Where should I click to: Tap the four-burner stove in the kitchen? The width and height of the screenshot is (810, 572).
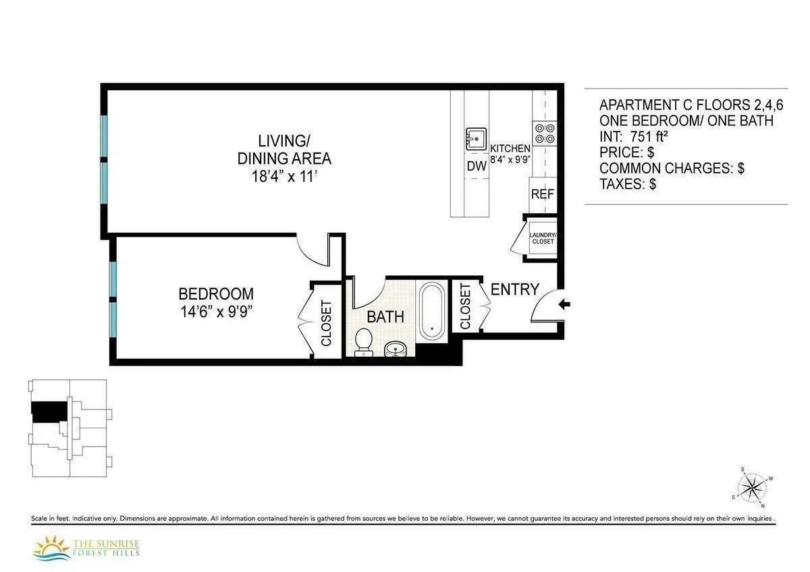(x=545, y=133)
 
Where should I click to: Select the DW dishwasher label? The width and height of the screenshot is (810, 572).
(x=476, y=166)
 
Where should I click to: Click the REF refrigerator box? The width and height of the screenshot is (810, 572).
(x=542, y=194)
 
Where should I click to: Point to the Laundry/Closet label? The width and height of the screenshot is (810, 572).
(x=542, y=238)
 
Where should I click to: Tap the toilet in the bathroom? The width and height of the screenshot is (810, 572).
(x=364, y=341)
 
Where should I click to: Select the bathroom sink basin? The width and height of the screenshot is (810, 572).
(x=396, y=349)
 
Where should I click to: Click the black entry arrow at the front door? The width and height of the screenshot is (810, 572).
(x=566, y=305)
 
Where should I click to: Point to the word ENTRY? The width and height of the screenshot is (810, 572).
(x=514, y=289)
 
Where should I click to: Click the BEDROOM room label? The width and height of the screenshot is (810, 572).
(x=216, y=294)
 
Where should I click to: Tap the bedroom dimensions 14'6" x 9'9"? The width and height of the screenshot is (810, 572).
(x=216, y=312)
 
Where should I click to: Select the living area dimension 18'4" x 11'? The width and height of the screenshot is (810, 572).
(x=283, y=177)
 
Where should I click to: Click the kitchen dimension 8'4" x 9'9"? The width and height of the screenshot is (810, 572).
(x=510, y=160)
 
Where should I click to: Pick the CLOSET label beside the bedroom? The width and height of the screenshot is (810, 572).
(x=327, y=322)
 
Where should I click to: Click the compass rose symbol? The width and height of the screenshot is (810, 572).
(x=751, y=487)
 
